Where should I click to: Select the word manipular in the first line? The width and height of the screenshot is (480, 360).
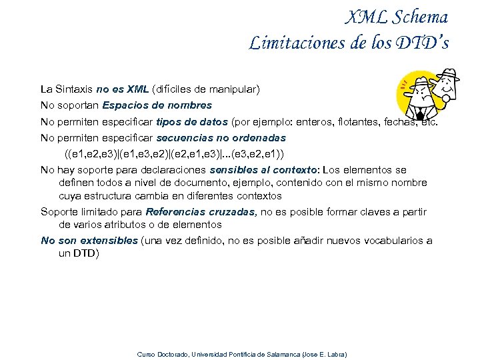[x=235, y=89]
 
